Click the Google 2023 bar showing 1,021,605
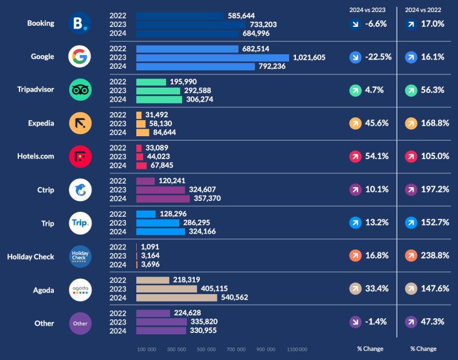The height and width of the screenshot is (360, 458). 212,57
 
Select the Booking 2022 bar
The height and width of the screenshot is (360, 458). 180,15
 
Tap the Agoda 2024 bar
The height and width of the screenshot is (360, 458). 177,298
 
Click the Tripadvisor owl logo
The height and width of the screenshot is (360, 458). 80,90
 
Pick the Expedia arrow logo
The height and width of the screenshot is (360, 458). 80,123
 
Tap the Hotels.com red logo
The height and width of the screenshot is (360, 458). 80,156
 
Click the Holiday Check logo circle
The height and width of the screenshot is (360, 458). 80,256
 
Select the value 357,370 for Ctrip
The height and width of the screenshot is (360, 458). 207,198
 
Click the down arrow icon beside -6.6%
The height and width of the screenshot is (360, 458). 355,24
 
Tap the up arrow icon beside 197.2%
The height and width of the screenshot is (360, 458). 410,190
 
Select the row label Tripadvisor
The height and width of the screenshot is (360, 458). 36,89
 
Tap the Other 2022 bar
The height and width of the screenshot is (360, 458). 153,314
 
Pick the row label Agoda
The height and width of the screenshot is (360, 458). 44,290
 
